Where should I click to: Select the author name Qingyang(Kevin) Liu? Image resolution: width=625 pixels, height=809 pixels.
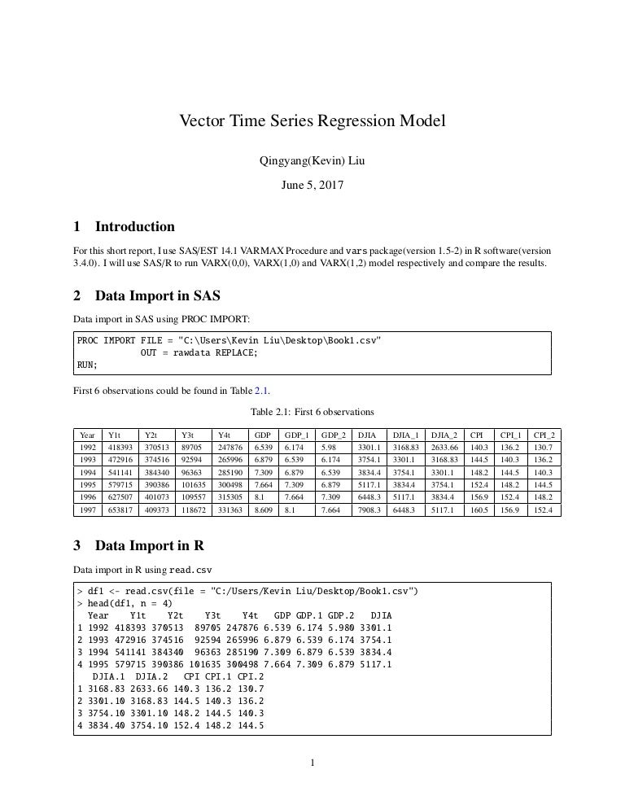312,160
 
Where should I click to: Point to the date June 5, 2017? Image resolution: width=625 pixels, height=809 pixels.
312,185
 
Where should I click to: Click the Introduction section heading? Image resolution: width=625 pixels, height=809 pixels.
134,226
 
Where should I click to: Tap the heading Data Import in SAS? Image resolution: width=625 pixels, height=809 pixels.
157,296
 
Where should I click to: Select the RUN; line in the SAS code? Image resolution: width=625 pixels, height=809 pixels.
87,365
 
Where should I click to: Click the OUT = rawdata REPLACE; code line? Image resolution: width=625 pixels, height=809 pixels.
199,352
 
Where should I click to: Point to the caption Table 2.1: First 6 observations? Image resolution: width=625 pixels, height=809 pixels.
312,412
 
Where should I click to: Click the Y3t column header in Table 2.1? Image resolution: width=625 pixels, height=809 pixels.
189,435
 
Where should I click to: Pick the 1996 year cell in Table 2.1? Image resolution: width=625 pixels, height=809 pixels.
88,497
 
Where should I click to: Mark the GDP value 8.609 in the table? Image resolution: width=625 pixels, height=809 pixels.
263,510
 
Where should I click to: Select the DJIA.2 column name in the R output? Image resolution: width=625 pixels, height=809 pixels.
152,676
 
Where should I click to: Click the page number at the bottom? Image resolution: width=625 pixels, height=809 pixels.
312,763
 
